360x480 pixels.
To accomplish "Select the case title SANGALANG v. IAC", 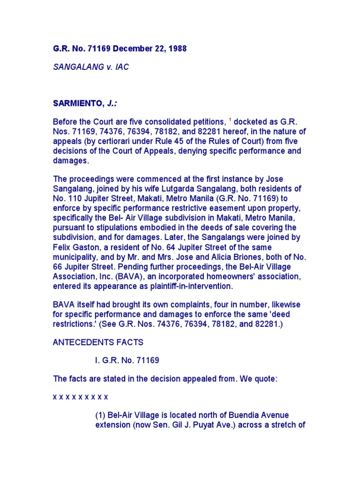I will click(x=91, y=67).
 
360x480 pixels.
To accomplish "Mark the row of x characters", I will click(x=80, y=397).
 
